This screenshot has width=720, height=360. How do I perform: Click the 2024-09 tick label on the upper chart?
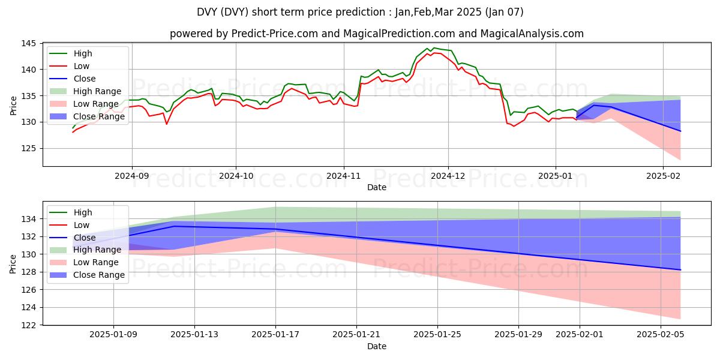point(131,176)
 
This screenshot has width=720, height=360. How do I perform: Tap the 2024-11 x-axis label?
point(343,176)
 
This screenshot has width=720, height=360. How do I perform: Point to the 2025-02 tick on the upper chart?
point(662,176)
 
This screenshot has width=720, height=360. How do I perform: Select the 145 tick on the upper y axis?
point(31,44)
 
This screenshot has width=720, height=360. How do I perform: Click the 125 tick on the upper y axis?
point(31,148)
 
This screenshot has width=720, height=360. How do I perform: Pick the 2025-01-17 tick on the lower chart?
point(275,335)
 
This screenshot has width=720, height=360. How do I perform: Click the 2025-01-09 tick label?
point(113,335)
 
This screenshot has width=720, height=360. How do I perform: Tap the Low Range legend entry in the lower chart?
point(93,262)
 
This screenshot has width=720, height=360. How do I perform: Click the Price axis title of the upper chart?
point(14,105)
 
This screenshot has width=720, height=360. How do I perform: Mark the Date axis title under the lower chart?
point(376,346)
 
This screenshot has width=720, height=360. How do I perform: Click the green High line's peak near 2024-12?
point(434,48)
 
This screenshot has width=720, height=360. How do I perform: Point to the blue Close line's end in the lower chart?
point(680,270)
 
